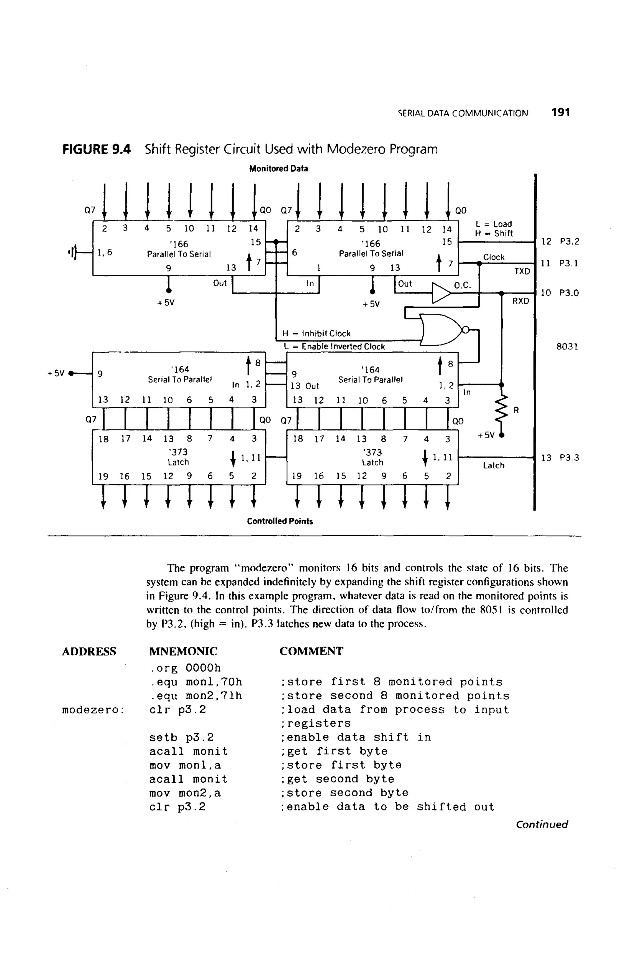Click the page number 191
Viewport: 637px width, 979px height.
point(560,112)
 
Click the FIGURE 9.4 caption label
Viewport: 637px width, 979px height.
point(96,149)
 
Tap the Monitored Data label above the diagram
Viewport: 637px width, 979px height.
point(278,169)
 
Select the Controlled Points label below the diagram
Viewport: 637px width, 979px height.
point(280,521)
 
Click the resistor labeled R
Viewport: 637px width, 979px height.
point(502,410)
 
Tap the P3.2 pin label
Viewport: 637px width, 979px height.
point(570,241)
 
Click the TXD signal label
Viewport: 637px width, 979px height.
point(522,271)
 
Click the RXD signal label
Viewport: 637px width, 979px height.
point(521,301)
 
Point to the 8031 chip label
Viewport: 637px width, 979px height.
point(567,346)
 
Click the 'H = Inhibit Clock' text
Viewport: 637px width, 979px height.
point(316,333)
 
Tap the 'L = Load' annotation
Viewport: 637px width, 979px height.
point(494,224)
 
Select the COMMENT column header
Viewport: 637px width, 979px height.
point(311,651)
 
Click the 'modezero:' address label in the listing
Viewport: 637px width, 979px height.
point(93,710)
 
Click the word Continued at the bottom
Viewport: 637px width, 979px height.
point(542,824)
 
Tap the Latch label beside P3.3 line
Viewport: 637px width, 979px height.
point(494,465)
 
